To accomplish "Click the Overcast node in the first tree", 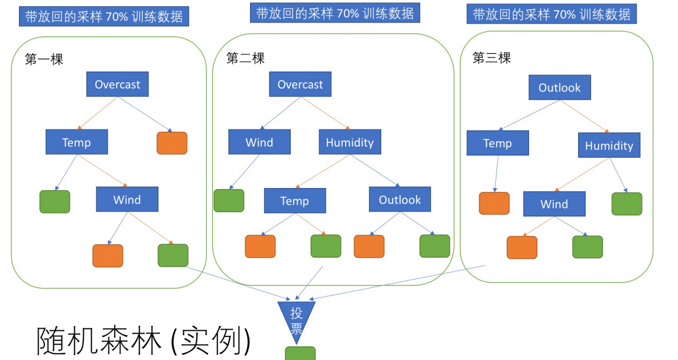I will (x=118, y=85).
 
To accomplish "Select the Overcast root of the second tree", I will (x=300, y=85).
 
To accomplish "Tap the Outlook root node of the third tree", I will (x=559, y=87).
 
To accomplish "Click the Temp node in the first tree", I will (x=76, y=142).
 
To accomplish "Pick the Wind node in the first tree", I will (x=127, y=200).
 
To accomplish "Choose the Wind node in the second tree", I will (x=259, y=142).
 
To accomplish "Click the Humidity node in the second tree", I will (x=350, y=142).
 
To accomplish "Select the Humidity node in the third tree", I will (x=609, y=145).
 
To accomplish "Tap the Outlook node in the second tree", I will (x=400, y=200).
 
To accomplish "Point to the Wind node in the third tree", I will (x=554, y=204).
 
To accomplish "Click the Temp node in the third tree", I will (x=497, y=143).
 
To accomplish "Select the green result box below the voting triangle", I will (x=300, y=353).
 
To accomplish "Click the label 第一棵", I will (x=44, y=59).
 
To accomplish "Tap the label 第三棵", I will (x=491, y=58).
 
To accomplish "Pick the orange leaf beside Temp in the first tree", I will (x=172, y=143).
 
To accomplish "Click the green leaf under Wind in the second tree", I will (x=229, y=200).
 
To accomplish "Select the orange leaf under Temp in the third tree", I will (x=494, y=203).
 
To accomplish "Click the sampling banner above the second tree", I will (x=335, y=13).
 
